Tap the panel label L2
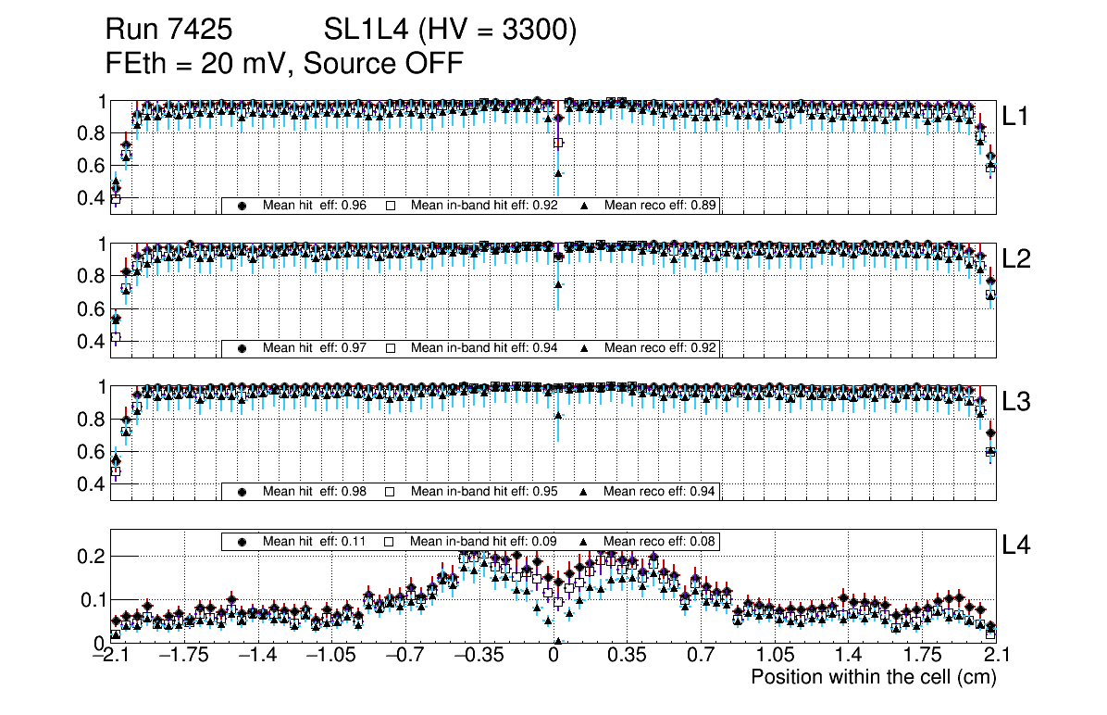(1017, 259)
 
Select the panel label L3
(1017, 402)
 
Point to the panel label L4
(1017, 546)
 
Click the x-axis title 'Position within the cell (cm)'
(873, 677)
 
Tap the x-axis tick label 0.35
(627, 656)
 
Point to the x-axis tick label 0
(553, 656)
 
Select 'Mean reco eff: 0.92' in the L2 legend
(660, 348)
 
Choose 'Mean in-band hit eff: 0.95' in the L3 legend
(483, 491)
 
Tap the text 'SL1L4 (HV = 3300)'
(451, 31)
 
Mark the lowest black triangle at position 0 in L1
(558, 173)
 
